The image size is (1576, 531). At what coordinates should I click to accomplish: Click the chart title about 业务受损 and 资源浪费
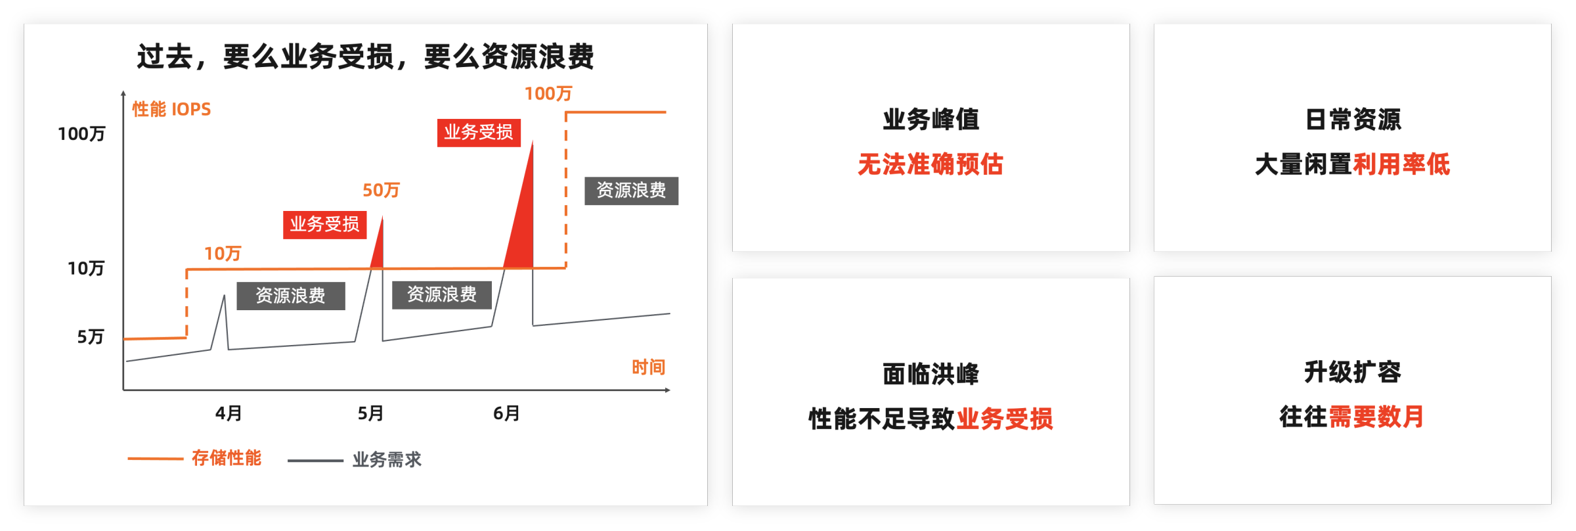click(x=365, y=57)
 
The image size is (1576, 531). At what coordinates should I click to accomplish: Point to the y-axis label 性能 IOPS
click(x=171, y=109)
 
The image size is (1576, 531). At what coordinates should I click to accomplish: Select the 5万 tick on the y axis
click(x=91, y=337)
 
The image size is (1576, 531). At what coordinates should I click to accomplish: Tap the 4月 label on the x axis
click(x=229, y=413)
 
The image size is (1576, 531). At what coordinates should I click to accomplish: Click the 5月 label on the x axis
click(x=370, y=413)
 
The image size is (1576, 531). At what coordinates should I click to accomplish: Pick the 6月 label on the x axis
click(x=506, y=413)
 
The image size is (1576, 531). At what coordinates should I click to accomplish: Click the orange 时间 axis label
click(x=648, y=367)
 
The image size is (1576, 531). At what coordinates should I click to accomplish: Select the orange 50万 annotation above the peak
click(x=381, y=191)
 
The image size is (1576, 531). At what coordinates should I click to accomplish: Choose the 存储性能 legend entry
click(x=226, y=458)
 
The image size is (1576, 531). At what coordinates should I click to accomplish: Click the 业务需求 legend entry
click(x=387, y=460)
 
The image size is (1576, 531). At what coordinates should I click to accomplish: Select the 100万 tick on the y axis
click(x=81, y=134)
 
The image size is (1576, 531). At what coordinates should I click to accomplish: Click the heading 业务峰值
click(x=930, y=120)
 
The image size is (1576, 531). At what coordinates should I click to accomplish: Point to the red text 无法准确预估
click(x=930, y=164)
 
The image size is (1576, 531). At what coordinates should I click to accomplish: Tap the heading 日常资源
click(x=1353, y=120)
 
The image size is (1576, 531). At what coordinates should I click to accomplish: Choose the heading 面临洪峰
click(x=930, y=374)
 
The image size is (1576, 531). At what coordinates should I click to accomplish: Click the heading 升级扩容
click(x=1353, y=372)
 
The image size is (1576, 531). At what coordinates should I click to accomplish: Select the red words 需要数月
click(x=1376, y=417)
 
